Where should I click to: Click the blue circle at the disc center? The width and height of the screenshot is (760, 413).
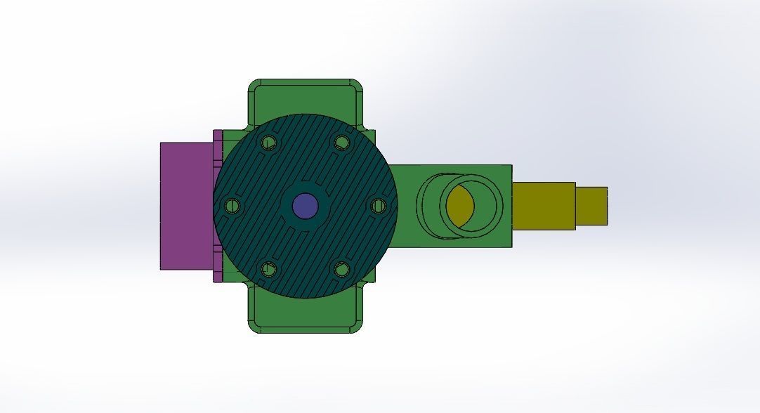coord(304,206)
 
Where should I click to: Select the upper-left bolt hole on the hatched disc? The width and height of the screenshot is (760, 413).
coord(268,143)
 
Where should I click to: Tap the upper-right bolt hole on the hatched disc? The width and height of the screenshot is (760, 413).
coord(342,143)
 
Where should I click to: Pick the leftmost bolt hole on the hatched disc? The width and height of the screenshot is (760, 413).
coord(232,206)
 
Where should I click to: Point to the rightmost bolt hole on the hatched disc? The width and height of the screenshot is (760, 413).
coord(378,206)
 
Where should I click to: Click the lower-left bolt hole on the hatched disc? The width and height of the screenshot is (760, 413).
coord(268,268)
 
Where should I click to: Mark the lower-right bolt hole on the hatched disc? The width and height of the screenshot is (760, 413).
coord(342,268)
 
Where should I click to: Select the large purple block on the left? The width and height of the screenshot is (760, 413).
coord(186,206)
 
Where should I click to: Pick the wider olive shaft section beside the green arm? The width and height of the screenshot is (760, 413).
coord(544,206)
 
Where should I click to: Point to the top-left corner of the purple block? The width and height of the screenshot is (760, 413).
coord(162,144)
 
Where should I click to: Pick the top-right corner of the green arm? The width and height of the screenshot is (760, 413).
coord(510,166)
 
